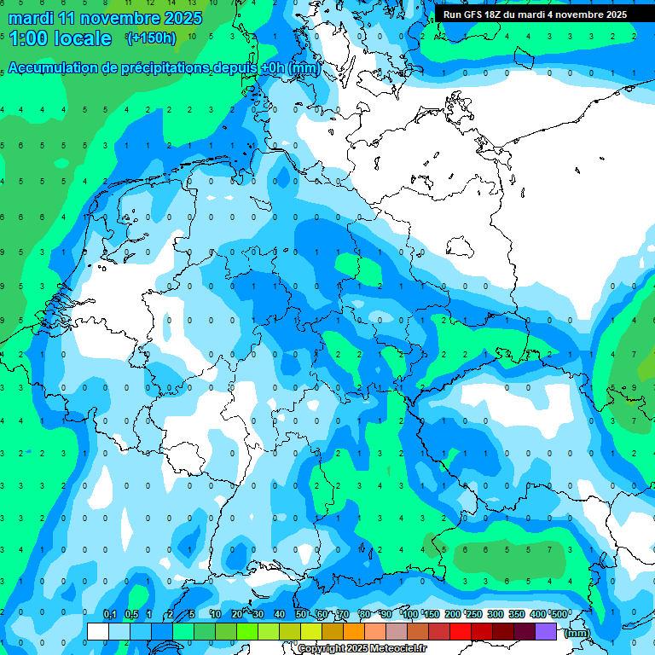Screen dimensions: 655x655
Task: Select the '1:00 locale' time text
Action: [x=60, y=38]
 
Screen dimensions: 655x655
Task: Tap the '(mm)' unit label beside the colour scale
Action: [x=577, y=633]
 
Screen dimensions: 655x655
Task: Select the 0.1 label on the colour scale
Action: [x=109, y=614]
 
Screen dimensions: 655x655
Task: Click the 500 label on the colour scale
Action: [x=559, y=614]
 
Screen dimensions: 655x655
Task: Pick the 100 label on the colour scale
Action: [x=410, y=614]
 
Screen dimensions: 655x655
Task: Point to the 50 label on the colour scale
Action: [x=301, y=614]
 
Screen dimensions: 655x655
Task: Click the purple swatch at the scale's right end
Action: [x=546, y=631]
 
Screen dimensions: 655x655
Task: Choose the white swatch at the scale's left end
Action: [x=98, y=631]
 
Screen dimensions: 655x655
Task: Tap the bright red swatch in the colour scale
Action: [x=461, y=631]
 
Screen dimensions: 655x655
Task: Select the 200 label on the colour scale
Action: [x=452, y=614]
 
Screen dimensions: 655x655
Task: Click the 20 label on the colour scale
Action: [x=237, y=614]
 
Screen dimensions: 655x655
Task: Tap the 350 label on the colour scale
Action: [x=517, y=614]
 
